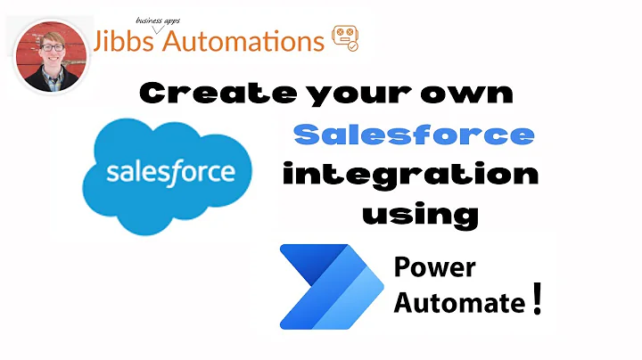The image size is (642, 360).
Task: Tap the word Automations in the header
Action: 241,41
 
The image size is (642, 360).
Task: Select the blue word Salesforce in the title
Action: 413,135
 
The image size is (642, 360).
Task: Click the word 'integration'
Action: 410,174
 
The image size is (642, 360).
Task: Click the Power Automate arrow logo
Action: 325,285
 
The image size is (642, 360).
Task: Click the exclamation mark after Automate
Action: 536,299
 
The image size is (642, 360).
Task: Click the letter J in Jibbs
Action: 100,41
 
